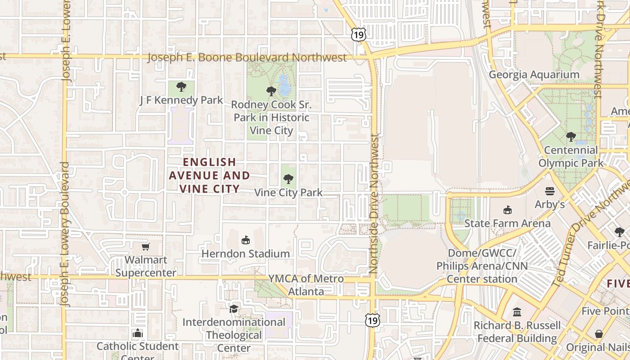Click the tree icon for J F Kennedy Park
click(x=181, y=86)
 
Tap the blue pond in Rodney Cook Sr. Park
click(x=284, y=85)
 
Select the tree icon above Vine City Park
click(x=288, y=179)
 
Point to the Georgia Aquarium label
click(x=534, y=75)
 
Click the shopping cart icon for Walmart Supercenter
click(x=145, y=247)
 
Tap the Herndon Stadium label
click(x=245, y=254)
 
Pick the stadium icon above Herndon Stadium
click(x=245, y=240)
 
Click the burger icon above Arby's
click(x=549, y=191)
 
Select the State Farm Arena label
click(x=507, y=223)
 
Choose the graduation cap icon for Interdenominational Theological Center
click(x=234, y=309)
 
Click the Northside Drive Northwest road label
click(x=374, y=205)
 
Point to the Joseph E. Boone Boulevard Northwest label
click(x=247, y=58)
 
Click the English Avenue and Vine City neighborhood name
click(x=209, y=175)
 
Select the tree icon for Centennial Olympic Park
click(x=571, y=136)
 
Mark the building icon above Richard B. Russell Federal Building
click(x=517, y=311)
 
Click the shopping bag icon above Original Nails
click(x=598, y=334)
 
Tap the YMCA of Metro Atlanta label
click(x=306, y=285)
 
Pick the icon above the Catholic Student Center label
click(x=138, y=333)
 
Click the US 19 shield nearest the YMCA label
click(x=372, y=320)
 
